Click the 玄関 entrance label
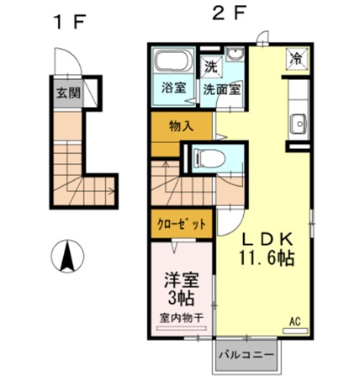point(68,94)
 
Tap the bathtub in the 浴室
point(173,63)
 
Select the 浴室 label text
point(173,87)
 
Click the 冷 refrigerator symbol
point(297,59)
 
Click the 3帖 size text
point(181,298)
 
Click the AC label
point(295,321)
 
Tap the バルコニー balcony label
point(246,355)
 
